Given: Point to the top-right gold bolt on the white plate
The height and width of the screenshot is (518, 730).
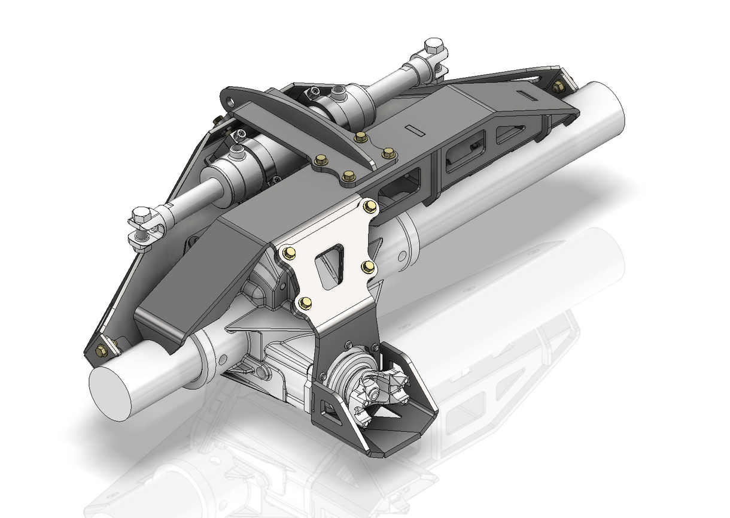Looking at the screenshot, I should coord(369,206).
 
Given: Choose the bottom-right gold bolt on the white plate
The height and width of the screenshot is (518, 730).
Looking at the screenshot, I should coord(369,266).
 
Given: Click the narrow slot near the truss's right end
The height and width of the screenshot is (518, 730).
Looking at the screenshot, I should coord(529,95).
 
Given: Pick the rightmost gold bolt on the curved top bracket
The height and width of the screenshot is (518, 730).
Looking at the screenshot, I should coord(388,152).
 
